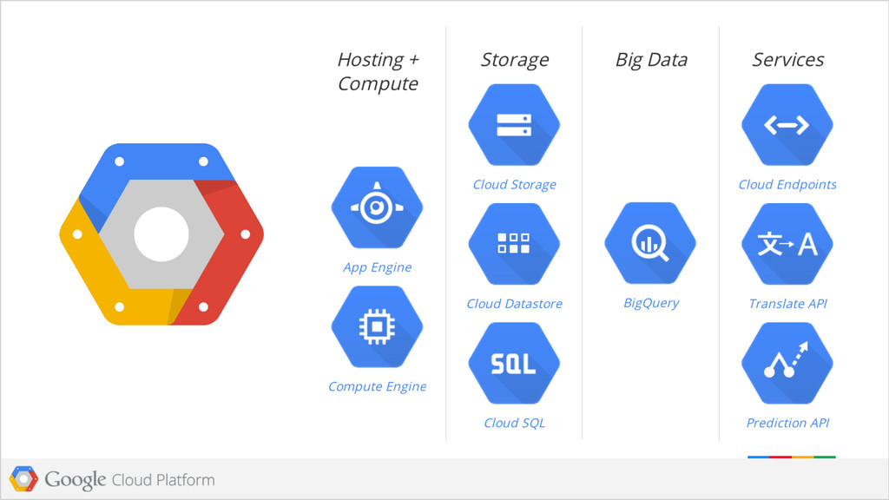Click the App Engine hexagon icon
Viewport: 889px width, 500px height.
coord(377,207)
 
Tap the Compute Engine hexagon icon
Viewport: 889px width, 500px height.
coord(377,326)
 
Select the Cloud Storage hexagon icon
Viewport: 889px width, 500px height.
coord(514,125)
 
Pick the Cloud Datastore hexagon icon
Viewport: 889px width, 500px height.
coord(514,244)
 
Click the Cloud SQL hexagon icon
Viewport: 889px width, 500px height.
coord(514,363)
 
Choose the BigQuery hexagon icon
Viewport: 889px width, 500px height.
coord(650,243)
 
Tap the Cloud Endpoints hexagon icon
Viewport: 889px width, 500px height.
coord(787,125)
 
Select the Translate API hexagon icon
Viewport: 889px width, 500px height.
coord(787,244)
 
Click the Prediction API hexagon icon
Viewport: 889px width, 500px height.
coord(787,363)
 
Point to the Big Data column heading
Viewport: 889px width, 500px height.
coord(651,60)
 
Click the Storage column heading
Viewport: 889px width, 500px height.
coord(514,60)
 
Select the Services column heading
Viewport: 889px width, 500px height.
coord(787,60)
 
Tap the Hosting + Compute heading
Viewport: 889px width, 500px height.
coord(378,71)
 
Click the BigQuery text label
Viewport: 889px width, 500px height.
coord(651,303)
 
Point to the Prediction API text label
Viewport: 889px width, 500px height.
coord(787,423)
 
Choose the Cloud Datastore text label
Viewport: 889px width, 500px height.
coord(514,304)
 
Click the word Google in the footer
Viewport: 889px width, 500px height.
coord(76,479)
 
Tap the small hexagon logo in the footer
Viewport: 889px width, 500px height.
coord(23,478)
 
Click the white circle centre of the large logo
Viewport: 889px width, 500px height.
coord(161,234)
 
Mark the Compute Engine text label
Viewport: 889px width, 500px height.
coord(377,386)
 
